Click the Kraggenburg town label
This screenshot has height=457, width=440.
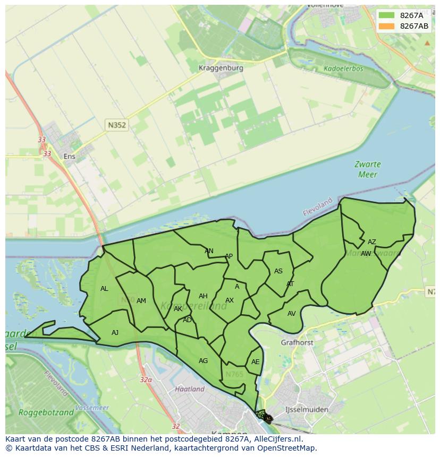pyautogui.click(x=221, y=68)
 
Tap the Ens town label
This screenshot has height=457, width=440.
pyautogui.click(x=69, y=156)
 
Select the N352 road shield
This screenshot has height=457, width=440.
pyautogui.click(x=116, y=125)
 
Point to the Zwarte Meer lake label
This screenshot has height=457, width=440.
pyautogui.click(x=367, y=169)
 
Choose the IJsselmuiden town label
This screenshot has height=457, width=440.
pyautogui.click(x=307, y=409)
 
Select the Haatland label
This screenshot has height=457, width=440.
pyautogui.click(x=190, y=389)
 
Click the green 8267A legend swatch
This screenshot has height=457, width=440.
pyautogui.click(x=387, y=15)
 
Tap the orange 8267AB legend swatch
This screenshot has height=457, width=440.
pyautogui.click(x=387, y=26)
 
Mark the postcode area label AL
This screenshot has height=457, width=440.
pyautogui.click(x=104, y=289)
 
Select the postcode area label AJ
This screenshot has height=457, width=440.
pyautogui.click(x=115, y=333)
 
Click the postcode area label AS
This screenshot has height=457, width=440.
pyautogui.click(x=278, y=271)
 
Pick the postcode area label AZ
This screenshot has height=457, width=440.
pyautogui.click(x=371, y=242)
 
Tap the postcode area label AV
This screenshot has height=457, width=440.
pyautogui.click(x=291, y=314)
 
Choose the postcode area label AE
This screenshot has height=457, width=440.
pyautogui.click(x=256, y=362)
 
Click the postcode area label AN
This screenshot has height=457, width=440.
pyautogui.click(x=209, y=251)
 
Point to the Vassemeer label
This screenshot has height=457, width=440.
pyautogui.click(x=92, y=408)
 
